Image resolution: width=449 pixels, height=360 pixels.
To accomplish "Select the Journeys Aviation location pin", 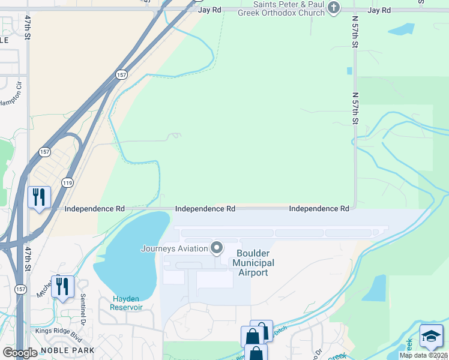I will tap(217, 248).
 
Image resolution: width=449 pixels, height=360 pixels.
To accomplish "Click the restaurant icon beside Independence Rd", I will tap(39, 197).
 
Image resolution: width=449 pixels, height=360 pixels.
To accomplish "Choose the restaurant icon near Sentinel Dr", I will tap(62, 286).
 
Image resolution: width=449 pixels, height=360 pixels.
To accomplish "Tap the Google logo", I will tap(20, 352).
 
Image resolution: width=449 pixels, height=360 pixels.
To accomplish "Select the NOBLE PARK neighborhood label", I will tap(68, 350).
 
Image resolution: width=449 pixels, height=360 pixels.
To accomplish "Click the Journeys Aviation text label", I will tap(174, 248).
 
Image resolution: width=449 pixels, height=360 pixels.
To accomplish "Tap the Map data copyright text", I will tap(424, 355).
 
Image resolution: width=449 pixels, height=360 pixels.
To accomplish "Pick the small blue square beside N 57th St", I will tap(349, 71).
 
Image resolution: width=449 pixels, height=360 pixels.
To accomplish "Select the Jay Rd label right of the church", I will tap(379, 10).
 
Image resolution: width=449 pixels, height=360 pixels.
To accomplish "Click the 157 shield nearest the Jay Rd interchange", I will tap(122, 74).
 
